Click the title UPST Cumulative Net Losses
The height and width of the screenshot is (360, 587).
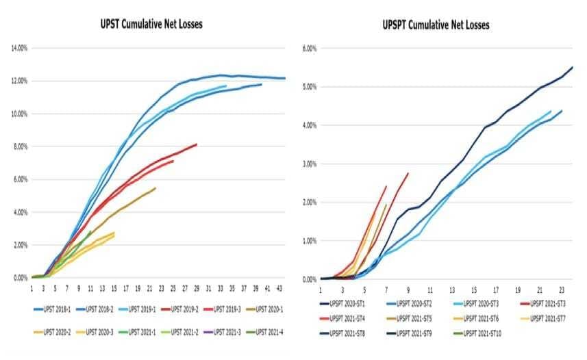(x=151, y=25)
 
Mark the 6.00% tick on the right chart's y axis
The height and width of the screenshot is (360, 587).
(x=310, y=49)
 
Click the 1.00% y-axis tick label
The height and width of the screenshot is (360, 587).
(x=310, y=241)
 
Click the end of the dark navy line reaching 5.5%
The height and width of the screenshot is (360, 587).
(x=572, y=67)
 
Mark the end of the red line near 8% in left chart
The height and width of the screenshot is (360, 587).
(x=197, y=144)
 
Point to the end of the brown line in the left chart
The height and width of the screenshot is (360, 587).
(x=155, y=188)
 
